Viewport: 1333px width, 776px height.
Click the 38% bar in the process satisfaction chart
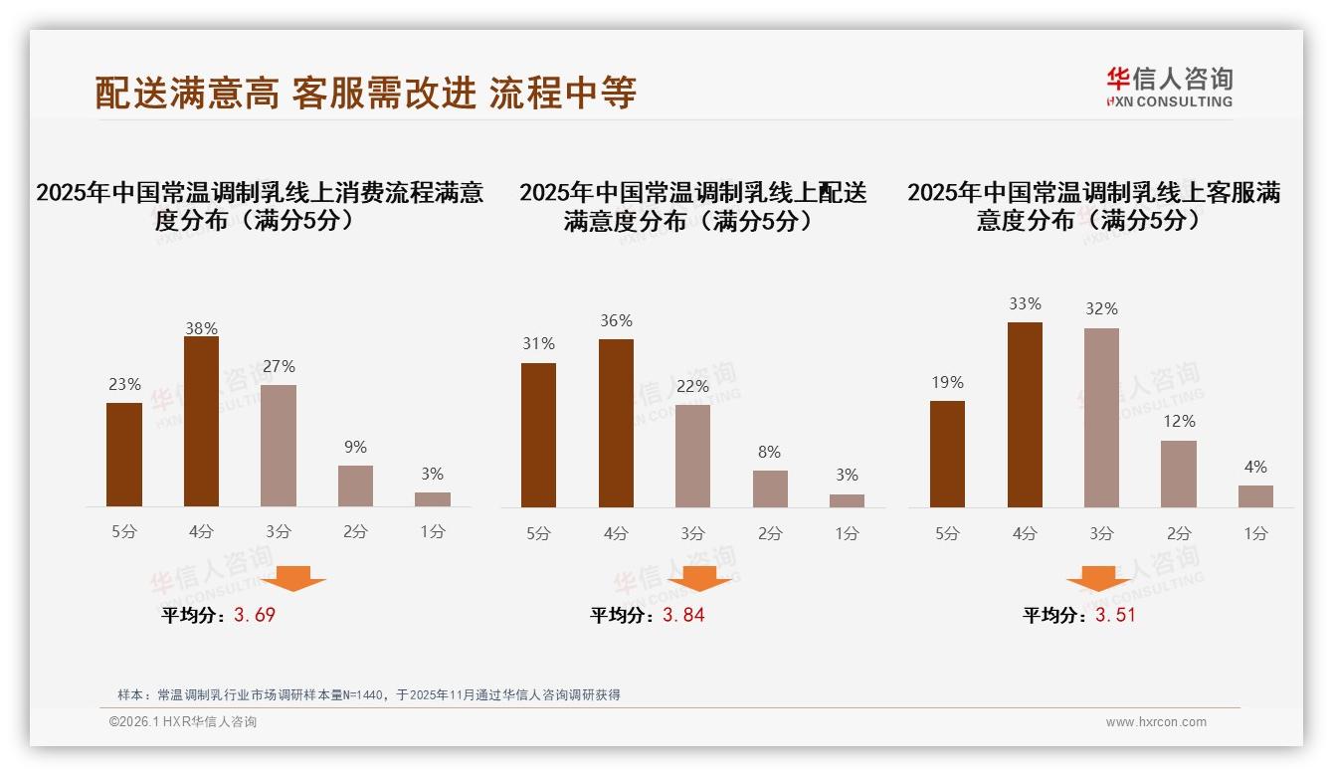point(201,422)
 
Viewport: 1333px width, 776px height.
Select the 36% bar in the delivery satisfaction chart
point(616,423)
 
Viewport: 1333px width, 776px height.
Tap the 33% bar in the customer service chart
point(1025,415)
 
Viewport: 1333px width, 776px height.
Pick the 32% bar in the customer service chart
point(1101,418)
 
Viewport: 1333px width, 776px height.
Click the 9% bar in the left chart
point(355,486)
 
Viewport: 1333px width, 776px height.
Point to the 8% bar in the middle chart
point(770,488)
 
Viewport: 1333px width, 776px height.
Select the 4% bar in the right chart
point(1255,496)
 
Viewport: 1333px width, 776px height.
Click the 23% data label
point(124,384)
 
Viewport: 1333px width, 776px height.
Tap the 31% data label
point(538,343)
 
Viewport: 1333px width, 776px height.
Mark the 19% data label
point(947,382)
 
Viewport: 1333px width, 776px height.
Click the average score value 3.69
point(255,615)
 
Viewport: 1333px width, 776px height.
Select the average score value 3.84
point(683,615)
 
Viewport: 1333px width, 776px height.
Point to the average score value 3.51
point(1115,615)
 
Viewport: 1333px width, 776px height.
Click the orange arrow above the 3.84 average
point(699,578)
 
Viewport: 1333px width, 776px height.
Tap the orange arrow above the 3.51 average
point(1098,578)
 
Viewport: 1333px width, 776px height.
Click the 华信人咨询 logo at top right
point(1169,87)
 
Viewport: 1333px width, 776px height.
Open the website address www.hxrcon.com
point(1156,722)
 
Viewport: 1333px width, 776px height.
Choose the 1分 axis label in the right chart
point(1255,533)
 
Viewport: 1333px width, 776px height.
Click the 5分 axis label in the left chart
point(124,532)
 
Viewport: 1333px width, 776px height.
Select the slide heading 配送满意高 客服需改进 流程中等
point(365,93)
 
